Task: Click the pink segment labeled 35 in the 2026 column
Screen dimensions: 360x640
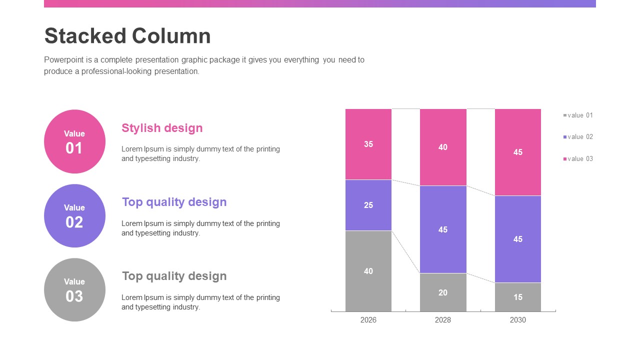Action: [x=368, y=144]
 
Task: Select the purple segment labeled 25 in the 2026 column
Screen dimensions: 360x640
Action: [x=368, y=205]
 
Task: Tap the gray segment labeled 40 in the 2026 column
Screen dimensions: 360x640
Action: [x=368, y=271]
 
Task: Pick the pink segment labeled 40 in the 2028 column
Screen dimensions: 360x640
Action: [x=443, y=147]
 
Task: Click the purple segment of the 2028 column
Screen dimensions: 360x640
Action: [x=443, y=229]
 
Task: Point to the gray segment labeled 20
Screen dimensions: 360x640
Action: [x=443, y=292]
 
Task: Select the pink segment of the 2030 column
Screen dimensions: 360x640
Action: [x=518, y=152]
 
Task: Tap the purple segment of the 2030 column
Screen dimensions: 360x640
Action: [x=518, y=239]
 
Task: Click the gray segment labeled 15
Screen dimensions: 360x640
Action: [x=518, y=297]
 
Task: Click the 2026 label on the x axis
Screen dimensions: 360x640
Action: [x=368, y=320]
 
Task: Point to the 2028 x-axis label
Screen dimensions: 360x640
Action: [x=443, y=320]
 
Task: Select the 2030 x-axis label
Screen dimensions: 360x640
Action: [x=518, y=320]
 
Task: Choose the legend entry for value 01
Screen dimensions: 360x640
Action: [x=579, y=115]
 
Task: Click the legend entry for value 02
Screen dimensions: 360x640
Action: [x=579, y=137]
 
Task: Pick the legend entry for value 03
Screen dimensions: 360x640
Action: [x=579, y=159]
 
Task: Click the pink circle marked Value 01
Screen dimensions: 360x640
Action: [x=74, y=141]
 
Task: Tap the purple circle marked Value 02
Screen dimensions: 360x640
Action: [x=74, y=215]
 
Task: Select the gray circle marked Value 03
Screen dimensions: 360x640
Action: [x=74, y=289]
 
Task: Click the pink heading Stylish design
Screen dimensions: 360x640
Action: [x=162, y=128]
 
